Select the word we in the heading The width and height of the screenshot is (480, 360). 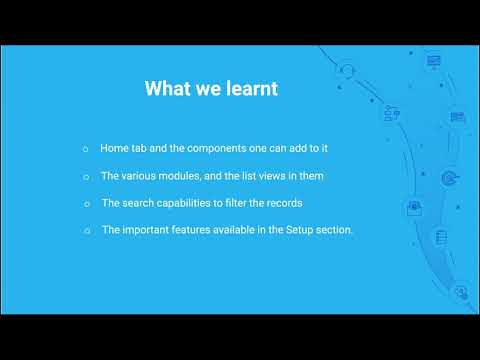tap(208, 90)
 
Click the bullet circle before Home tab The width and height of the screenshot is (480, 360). tap(86, 149)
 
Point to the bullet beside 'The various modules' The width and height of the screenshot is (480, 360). tap(86, 177)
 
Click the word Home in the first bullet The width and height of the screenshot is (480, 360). tap(114, 148)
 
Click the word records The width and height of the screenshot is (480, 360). tap(284, 203)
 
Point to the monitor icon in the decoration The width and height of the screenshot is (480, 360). tap(433, 62)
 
